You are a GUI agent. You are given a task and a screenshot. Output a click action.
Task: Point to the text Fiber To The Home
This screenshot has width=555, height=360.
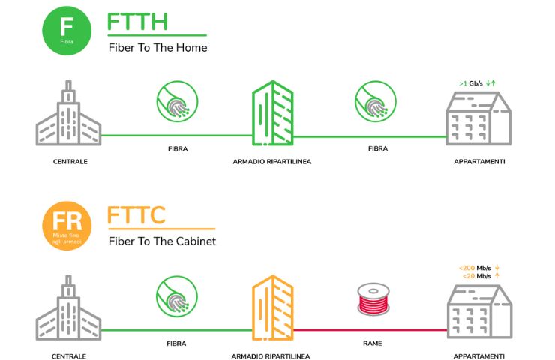157,48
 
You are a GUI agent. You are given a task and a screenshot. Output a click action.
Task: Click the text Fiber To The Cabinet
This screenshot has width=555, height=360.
162,241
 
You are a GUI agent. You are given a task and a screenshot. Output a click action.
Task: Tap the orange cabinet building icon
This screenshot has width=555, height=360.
272,308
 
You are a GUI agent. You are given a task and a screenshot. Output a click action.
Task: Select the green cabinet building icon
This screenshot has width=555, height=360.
272,114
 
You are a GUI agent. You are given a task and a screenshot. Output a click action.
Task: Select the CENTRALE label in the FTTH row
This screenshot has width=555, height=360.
69,161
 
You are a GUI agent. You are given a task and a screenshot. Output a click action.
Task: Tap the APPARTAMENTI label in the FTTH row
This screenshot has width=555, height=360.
479,161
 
